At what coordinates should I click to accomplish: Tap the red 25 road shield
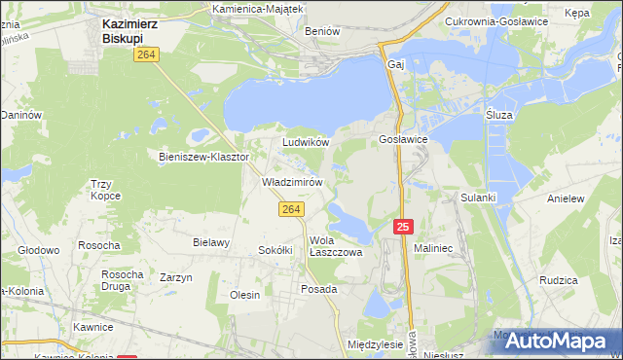[x=405, y=227]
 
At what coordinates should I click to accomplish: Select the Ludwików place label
[x=306, y=142]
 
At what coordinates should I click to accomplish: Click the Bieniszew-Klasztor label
[x=204, y=156]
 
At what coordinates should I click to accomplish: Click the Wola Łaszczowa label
[x=336, y=246]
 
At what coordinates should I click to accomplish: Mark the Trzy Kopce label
[x=104, y=190]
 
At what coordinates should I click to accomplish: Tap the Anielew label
[x=566, y=198]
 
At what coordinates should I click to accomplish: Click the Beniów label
[x=322, y=31]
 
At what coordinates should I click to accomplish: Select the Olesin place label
[x=244, y=295]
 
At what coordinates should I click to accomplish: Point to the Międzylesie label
[x=375, y=344]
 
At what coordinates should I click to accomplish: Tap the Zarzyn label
[x=175, y=277]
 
